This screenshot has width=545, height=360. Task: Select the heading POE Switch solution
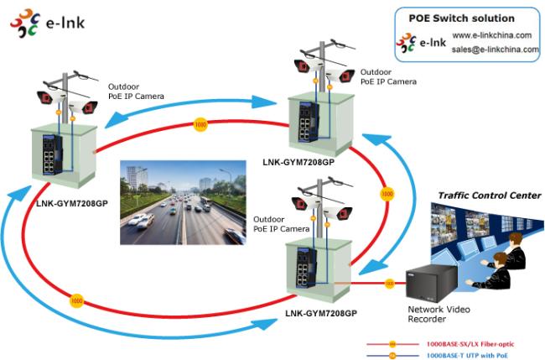pyautogui.click(x=461, y=18)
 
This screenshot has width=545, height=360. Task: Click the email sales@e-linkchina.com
pyautogui.click(x=495, y=50)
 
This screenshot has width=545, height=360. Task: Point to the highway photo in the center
pyautogui.click(x=184, y=198)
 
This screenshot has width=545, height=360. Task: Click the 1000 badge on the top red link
pyautogui.click(x=200, y=125)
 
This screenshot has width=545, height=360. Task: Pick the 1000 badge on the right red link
pyautogui.click(x=387, y=194)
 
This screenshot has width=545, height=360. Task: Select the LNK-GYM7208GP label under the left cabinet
pyautogui.click(x=71, y=202)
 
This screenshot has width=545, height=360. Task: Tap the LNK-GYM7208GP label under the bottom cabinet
pyautogui.click(x=321, y=313)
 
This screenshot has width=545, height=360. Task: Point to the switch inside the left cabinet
pyautogui.click(x=50, y=154)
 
